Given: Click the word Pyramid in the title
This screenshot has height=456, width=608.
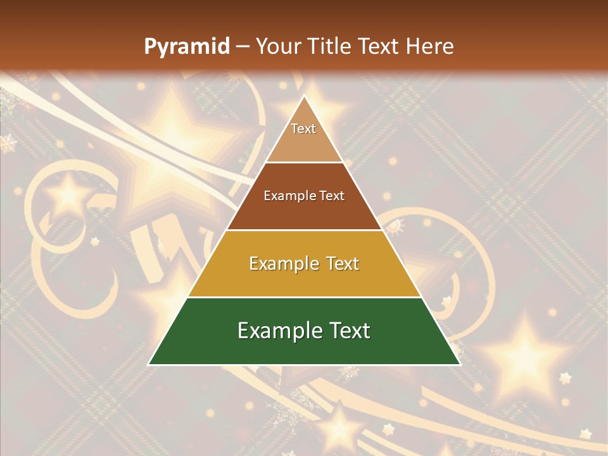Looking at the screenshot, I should point(186,47).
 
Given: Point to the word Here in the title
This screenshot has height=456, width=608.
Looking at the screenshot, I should point(429,46).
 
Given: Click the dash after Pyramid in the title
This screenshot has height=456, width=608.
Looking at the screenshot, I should point(242,47).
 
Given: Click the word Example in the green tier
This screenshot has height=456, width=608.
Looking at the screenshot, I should point(276,331).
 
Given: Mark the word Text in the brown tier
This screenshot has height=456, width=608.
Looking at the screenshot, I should point(332,196).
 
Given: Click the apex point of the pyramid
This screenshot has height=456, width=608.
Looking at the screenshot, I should point(304,97).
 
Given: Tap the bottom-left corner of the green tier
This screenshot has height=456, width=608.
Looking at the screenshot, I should point(149,364).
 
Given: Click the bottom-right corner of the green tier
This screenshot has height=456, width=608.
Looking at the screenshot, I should point(459,364).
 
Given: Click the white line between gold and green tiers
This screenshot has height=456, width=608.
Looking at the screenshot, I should point(304,297).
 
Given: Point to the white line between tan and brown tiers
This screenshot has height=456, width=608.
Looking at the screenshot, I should point(304,163).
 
